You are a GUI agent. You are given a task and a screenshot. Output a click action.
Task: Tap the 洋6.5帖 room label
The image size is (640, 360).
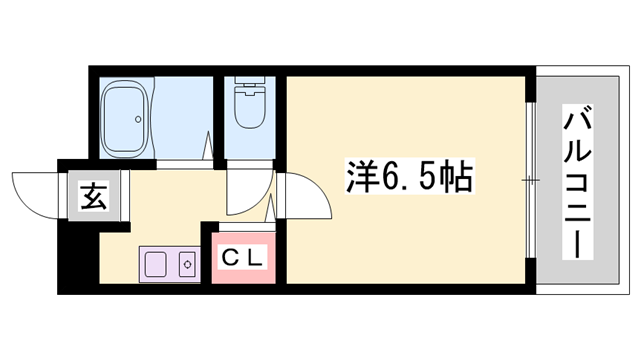[409, 180]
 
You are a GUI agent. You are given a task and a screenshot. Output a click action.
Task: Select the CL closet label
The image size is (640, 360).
[242, 257]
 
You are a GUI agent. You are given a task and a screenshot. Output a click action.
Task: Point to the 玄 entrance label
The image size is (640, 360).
[94, 192]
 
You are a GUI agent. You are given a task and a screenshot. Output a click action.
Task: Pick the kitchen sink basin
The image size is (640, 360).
[156, 264]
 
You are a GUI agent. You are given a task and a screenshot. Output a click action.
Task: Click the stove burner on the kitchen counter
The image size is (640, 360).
[186, 264]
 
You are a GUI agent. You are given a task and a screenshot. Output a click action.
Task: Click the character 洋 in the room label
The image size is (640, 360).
[363, 180]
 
